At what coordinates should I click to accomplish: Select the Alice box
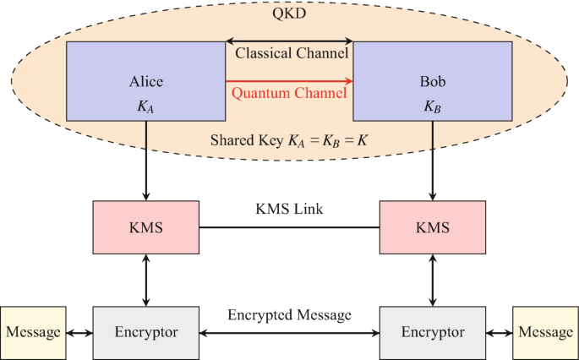[x=146, y=81]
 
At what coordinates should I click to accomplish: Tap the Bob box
[x=432, y=81]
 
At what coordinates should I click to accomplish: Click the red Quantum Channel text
[x=290, y=93]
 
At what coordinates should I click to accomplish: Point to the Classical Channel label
[x=290, y=53]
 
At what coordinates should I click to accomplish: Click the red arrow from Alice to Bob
[x=290, y=81]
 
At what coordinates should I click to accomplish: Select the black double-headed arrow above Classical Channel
[x=290, y=40]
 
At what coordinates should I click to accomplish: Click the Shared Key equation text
[x=290, y=138]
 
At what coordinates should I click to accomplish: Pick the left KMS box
[x=146, y=227]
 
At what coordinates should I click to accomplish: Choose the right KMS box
[x=433, y=227]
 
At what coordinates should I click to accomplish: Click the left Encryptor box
[x=146, y=332]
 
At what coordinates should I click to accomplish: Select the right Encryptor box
[x=433, y=332]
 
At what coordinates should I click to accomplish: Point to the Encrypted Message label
[x=290, y=315]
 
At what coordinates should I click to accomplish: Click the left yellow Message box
[x=34, y=332]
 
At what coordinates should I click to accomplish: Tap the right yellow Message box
[x=545, y=332]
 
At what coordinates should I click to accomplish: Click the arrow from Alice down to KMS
[x=146, y=161]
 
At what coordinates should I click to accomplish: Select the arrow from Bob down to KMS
[x=433, y=161]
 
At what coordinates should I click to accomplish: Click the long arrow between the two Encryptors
[x=290, y=332]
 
